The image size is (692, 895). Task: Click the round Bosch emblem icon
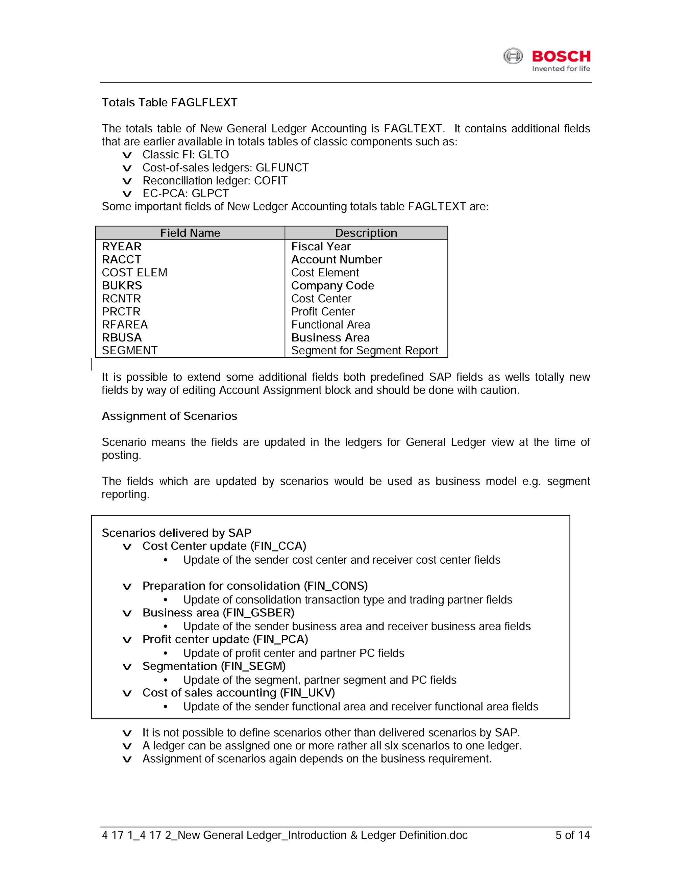tap(513, 56)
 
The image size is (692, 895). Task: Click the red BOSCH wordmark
tap(561, 56)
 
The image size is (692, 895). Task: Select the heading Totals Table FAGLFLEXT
tap(169, 102)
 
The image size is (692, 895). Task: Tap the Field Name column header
tap(190, 233)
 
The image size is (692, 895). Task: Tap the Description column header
tap(366, 233)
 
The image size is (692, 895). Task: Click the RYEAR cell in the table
tap(122, 247)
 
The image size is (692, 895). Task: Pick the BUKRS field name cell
tap(122, 286)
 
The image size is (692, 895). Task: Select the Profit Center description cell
tap(323, 312)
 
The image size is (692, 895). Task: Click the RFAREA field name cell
tap(125, 325)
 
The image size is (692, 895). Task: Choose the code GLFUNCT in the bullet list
tap(282, 168)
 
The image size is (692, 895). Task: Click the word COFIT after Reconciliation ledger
tap(271, 181)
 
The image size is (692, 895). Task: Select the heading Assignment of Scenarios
tap(169, 416)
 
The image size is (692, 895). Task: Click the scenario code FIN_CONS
tap(335, 586)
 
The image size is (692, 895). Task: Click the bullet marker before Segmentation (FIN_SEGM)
tap(127, 667)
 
